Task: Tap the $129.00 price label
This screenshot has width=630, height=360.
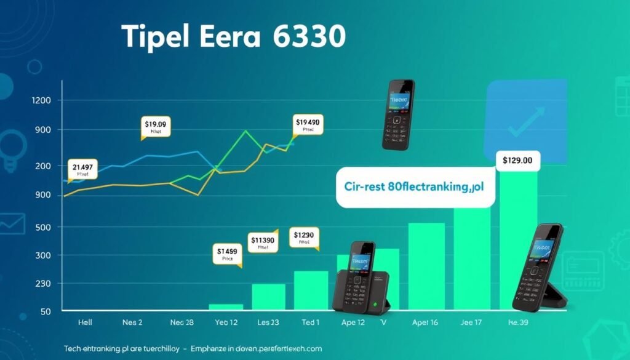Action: [x=517, y=161]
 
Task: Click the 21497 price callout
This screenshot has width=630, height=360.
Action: [x=82, y=170]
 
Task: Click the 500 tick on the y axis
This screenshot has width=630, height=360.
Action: [x=41, y=227]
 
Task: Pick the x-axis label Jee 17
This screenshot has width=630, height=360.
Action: [x=471, y=322]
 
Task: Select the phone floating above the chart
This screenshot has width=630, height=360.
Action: [x=397, y=114]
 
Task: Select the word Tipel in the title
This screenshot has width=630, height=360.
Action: [x=161, y=38]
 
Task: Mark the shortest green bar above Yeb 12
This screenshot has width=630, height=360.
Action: [x=227, y=306]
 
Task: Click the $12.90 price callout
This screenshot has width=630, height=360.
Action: [x=304, y=238]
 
